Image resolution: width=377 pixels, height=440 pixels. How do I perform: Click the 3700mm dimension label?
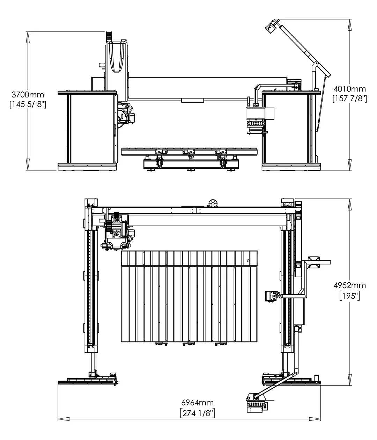click(28, 94)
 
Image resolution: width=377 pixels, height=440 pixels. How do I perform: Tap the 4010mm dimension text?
click(349, 89)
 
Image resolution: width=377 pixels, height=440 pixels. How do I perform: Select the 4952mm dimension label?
click(349, 285)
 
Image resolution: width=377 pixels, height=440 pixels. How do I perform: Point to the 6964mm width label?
click(197, 403)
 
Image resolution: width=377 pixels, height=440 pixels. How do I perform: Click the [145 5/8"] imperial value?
click(28, 104)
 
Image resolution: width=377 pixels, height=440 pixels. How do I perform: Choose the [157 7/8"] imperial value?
click(349, 98)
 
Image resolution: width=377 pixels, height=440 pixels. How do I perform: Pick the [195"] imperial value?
click(349, 296)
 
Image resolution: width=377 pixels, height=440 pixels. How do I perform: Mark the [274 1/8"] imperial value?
click(197, 413)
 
